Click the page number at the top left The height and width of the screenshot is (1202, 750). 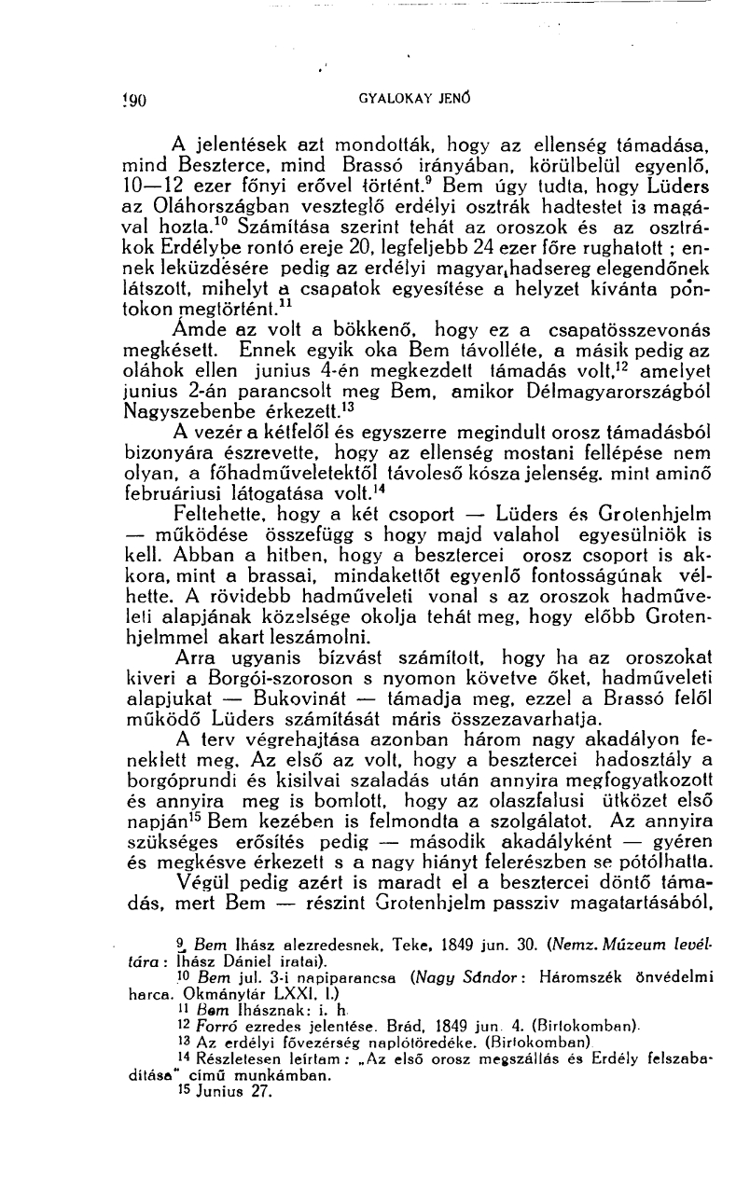pos(138,98)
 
